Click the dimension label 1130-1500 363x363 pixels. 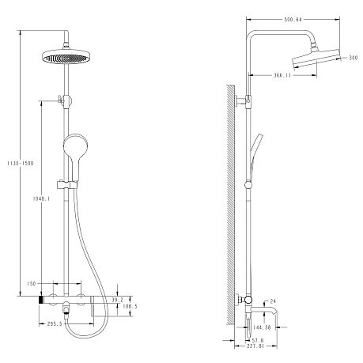[21, 164]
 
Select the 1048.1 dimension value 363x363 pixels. [41, 199]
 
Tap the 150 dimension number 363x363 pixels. [31, 284]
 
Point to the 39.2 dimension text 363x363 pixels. [118, 300]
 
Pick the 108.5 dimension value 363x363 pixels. [130, 306]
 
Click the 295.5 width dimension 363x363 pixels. [55, 323]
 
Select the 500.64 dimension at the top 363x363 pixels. [293, 19]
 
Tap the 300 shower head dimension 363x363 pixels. [354, 58]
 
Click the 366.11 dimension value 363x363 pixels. [282, 75]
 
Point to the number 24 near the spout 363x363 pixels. [273, 301]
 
